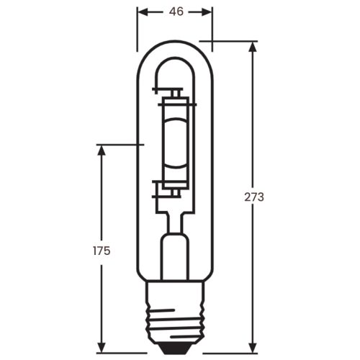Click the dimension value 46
tap(175, 12)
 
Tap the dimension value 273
tap(254, 197)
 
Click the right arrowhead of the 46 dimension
tap(210, 12)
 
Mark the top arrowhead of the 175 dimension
tap(101, 148)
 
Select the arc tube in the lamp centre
tap(175, 141)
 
